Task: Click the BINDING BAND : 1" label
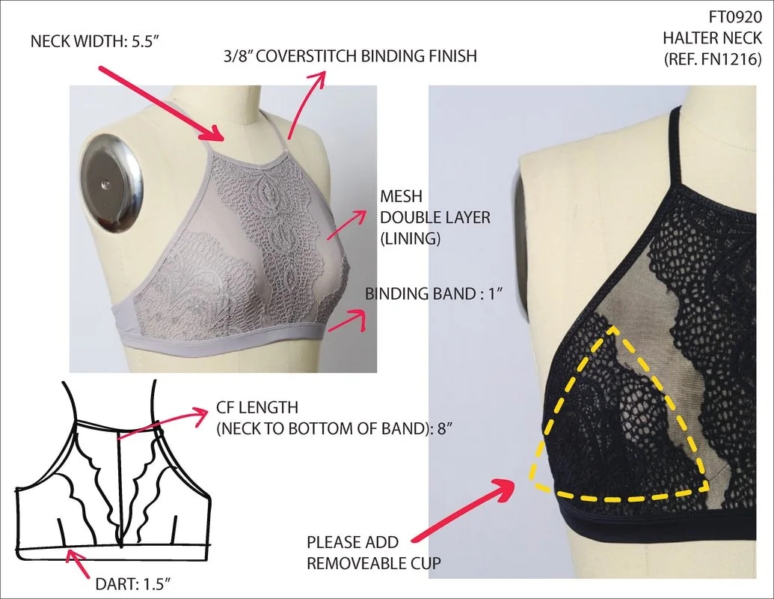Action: (432, 293)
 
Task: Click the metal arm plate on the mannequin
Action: (111, 179)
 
